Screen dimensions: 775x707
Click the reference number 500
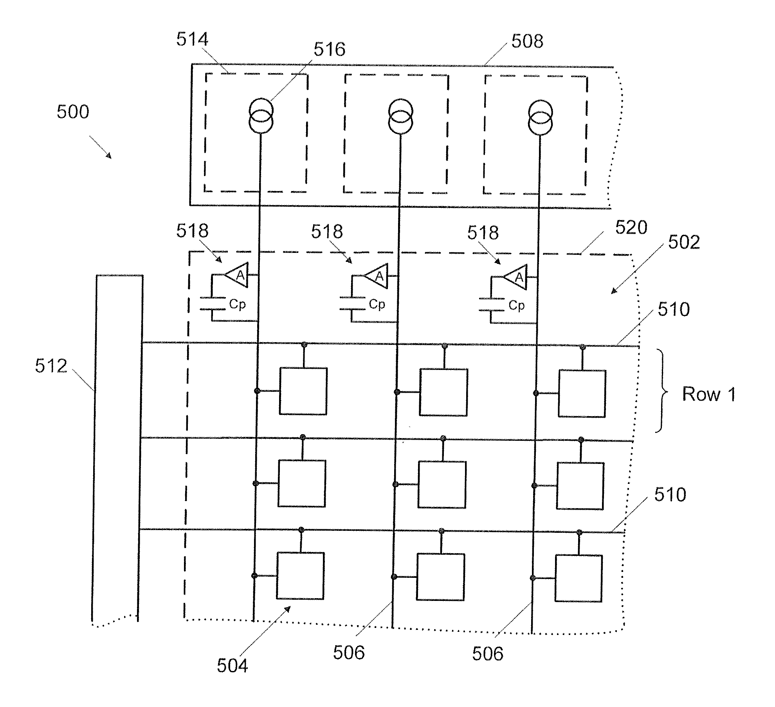pyautogui.click(x=73, y=112)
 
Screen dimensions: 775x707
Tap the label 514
pyautogui.click(x=192, y=39)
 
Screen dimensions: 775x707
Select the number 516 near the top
pyautogui.click(x=330, y=49)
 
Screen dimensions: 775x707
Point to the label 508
pyautogui.click(x=527, y=41)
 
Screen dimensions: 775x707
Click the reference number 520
pyautogui.click(x=631, y=227)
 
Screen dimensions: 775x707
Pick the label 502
pyautogui.click(x=684, y=242)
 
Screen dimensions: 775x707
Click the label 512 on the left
pyautogui.click(x=51, y=366)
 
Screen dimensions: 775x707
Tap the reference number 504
pyautogui.click(x=232, y=666)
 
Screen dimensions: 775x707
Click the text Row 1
pyautogui.click(x=709, y=394)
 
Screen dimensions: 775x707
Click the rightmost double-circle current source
pyautogui.click(x=540, y=117)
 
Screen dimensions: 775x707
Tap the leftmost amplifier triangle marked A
pyautogui.click(x=237, y=275)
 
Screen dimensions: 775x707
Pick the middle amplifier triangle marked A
pyautogui.click(x=376, y=276)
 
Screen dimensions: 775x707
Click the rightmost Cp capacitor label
pyautogui.click(x=516, y=305)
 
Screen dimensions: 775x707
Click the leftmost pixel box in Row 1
pyautogui.click(x=303, y=391)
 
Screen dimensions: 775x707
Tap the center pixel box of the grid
pyautogui.click(x=442, y=485)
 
